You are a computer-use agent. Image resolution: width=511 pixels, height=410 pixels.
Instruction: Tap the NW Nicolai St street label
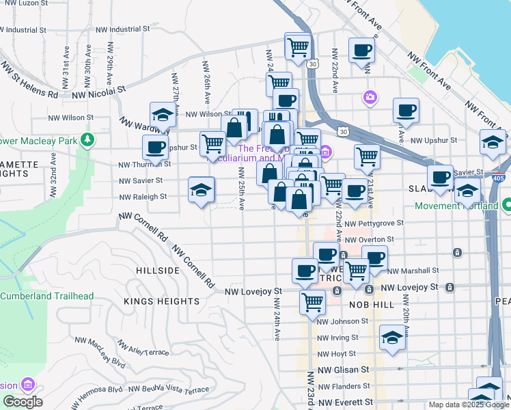click(x=102, y=90)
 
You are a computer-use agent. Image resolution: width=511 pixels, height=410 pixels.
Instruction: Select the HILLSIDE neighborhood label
click(x=157, y=271)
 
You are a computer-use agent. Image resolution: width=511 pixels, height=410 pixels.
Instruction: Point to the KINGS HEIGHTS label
click(x=162, y=301)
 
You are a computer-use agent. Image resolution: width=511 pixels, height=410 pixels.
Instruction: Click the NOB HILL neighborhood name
click(x=372, y=305)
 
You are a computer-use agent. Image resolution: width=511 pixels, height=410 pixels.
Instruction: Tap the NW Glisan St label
click(x=343, y=369)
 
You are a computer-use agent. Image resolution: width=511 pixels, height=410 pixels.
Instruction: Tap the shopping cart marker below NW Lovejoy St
click(x=313, y=301)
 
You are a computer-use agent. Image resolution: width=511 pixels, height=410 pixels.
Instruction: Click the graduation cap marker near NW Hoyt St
click(x=392, y=338)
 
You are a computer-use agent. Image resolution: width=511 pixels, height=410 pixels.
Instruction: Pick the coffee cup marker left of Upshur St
click(x=156, y=147)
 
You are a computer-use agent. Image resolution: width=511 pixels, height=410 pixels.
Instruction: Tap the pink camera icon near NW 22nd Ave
click(x=370, y=97)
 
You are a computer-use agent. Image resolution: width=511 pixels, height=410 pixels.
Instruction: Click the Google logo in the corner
click(x=23, y=402)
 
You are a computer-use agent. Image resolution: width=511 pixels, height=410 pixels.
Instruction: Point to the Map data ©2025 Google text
click(x=469, y=405)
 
